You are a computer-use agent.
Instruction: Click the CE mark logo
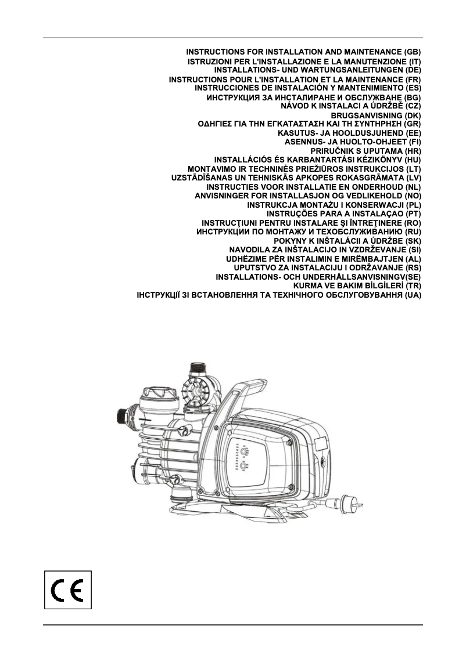[x=68, y=589]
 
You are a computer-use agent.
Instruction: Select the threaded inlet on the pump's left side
[x=123, y=416]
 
